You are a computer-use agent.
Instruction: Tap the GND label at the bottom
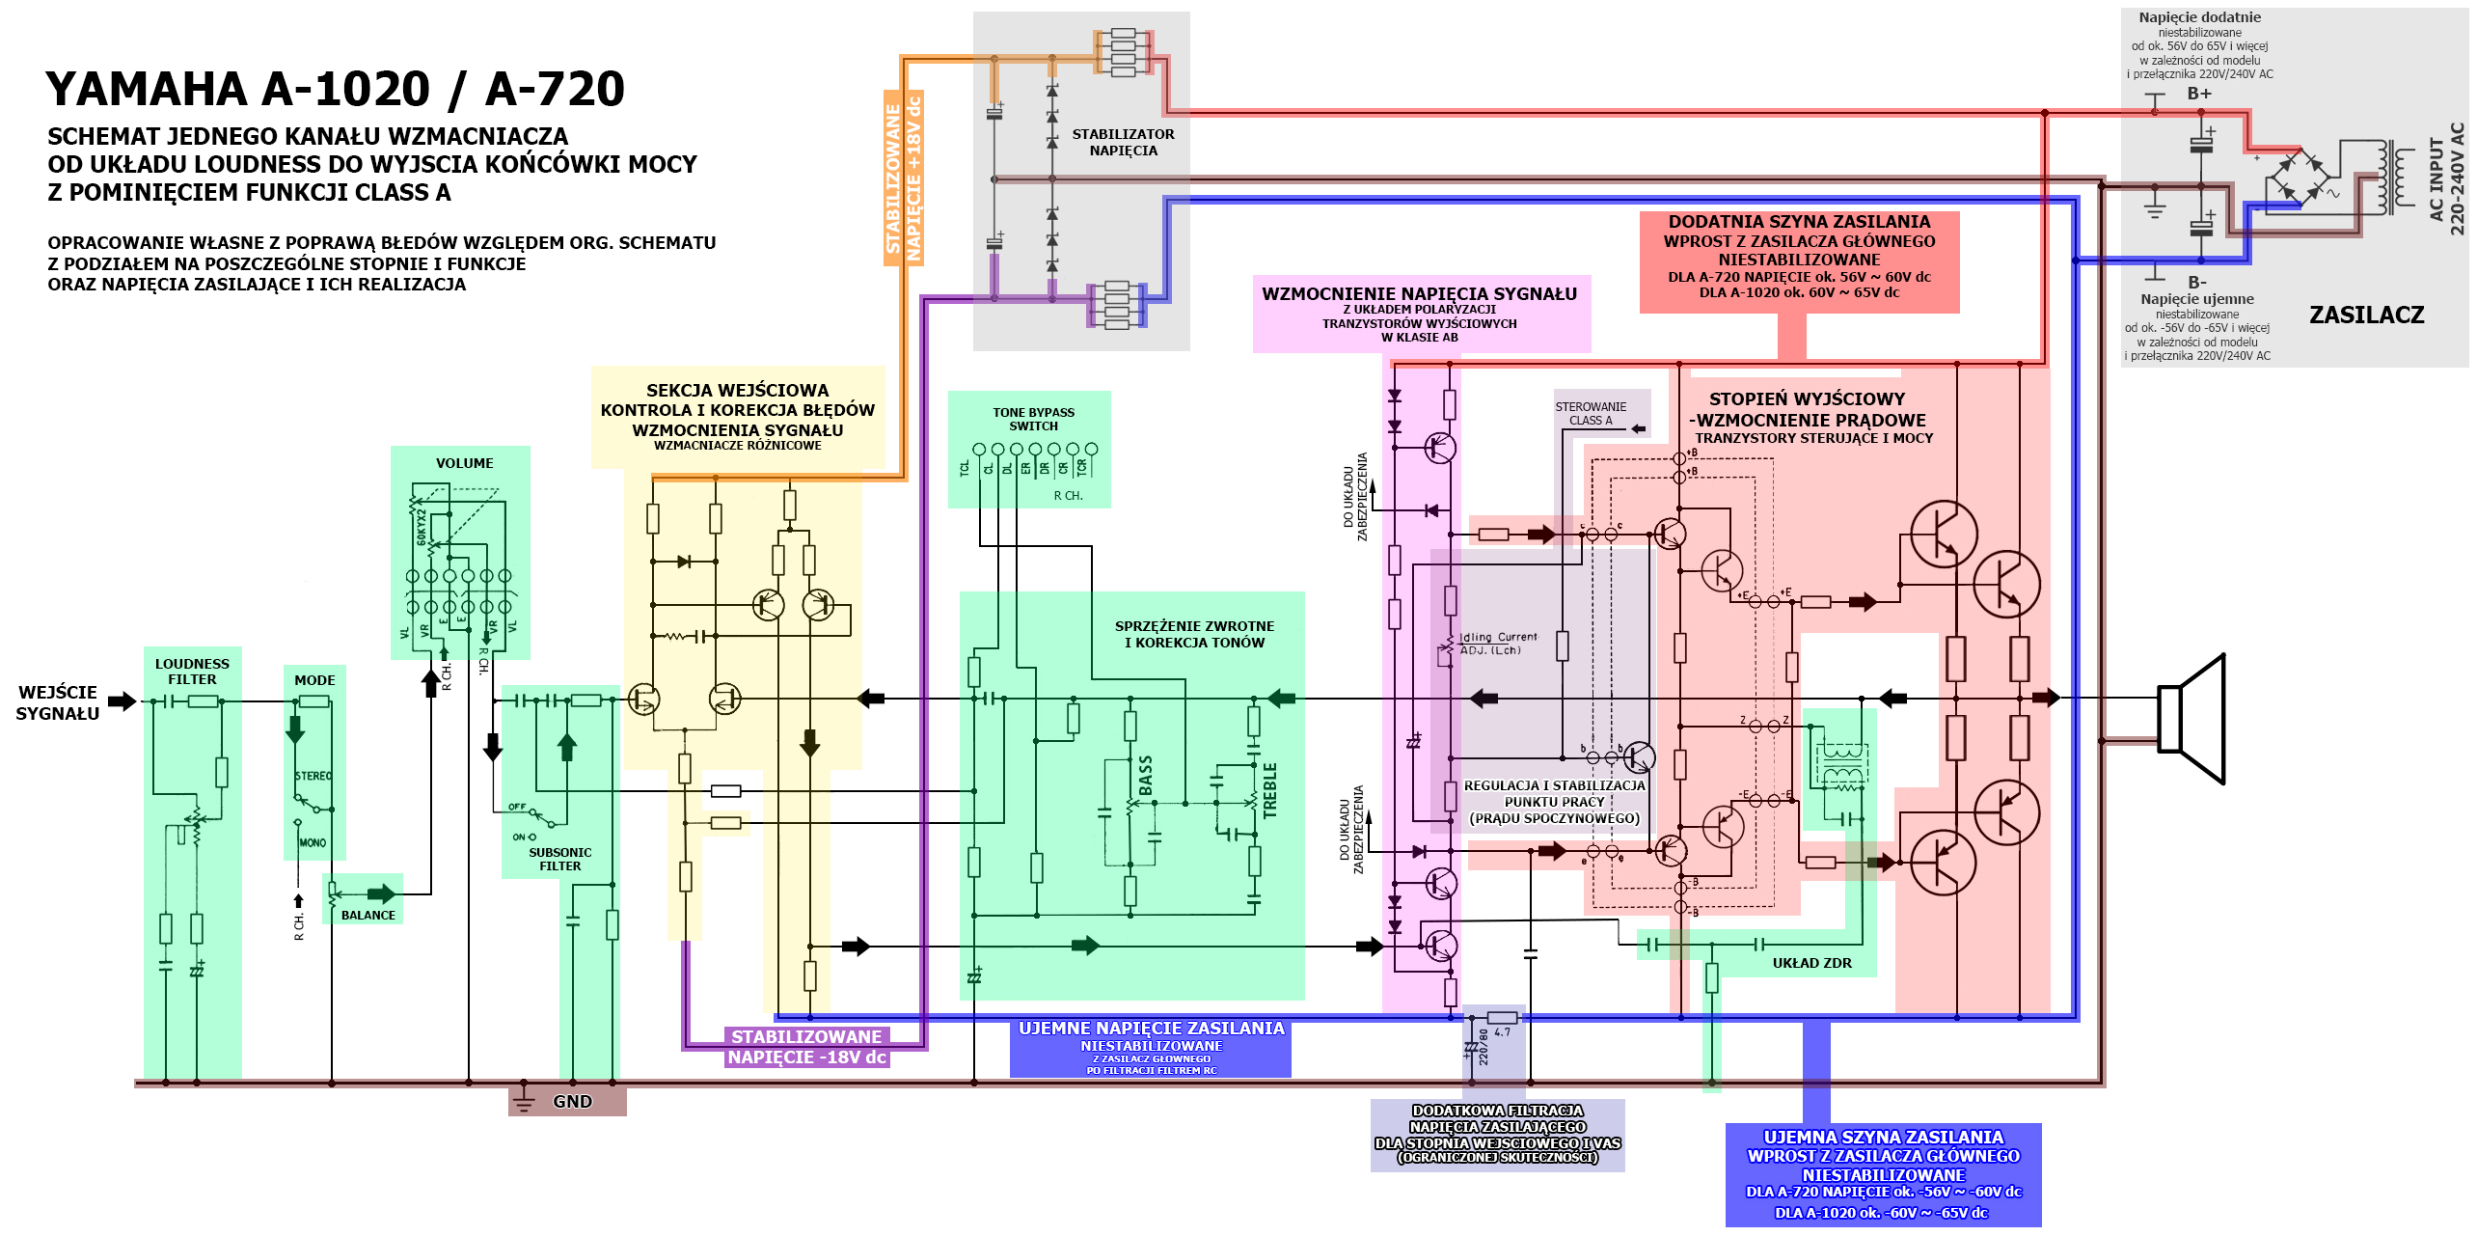pyautogui.click(x=572, y=1101)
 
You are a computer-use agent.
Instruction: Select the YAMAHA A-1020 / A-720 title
pyautogui.click(x=335, y=89)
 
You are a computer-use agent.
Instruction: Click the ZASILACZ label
pyautogui.click(x=2366, y=315)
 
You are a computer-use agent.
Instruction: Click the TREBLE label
pyautogui.click(x=1269, y=790)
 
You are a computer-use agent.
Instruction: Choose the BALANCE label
pyautogui.click(x=367, y=915)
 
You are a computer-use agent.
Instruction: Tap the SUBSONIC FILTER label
pyautogui.click(x=559, y=859)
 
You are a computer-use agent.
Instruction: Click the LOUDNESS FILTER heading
pyautogui.click(x=192, y=672)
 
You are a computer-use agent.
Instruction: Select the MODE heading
pyautogui.click(x=314, y=680)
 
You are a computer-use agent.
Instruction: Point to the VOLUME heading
pyautogui.click(x=464, y=463)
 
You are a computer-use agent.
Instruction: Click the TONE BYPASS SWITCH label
pyautogui.click(x=1033, y=419)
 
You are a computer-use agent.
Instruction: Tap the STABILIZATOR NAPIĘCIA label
pyautogui.click(x=1123, y=142)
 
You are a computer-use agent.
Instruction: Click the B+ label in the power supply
pyautogui.click(x=2199, y=94)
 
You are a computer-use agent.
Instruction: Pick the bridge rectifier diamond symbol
pyautogui.click(x=2298, y=178)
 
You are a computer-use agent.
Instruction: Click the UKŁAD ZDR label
pyautogui.click(x=1811, y=963)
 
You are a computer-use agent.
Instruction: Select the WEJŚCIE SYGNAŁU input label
pyautogui.click(x=58, y=702)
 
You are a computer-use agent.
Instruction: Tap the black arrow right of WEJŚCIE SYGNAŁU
pyautogui.click(x=122, y=701)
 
